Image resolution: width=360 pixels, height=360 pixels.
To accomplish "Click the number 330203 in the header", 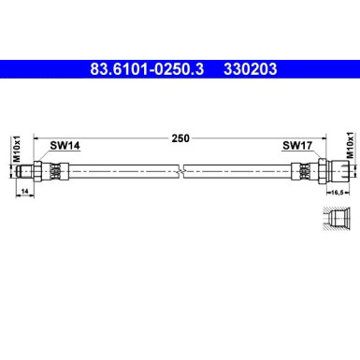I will (252, 68).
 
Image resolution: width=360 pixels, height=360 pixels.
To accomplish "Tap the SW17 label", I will (296, 145).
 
